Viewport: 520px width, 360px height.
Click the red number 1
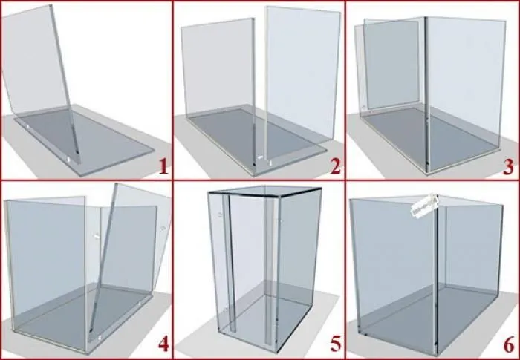(x=163, y=166)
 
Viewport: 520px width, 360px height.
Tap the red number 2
(x=335, y=166)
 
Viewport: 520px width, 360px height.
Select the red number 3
(x=508, y=166)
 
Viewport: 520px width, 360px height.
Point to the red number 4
(x=163, y=344)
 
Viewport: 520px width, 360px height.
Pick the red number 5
(x=335, y=344)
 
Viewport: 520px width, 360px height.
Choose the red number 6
(x=509, y=344)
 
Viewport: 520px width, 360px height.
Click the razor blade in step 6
(x=424, y=206)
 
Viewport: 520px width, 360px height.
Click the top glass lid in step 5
(x=264, y=192)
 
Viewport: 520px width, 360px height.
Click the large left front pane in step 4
(x=46, y=272)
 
